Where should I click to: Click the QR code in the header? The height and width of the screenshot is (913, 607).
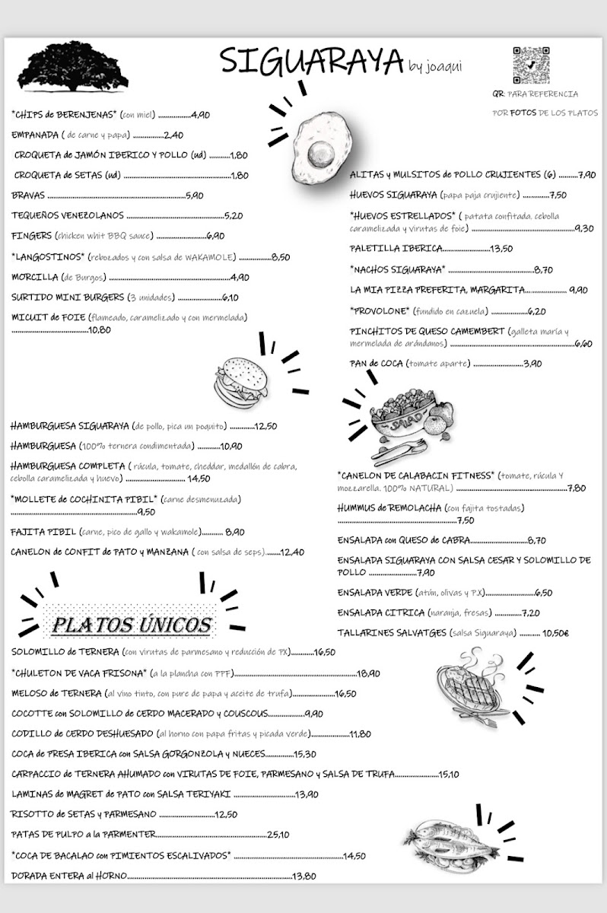530,65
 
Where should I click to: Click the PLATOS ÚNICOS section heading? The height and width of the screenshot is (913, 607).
131,625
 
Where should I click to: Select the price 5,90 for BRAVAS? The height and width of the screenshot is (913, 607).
194,196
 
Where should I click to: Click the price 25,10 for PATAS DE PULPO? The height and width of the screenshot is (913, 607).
278,835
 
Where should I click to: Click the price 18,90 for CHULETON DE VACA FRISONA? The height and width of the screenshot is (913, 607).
368,673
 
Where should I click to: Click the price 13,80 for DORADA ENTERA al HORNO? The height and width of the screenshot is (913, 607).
304,876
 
